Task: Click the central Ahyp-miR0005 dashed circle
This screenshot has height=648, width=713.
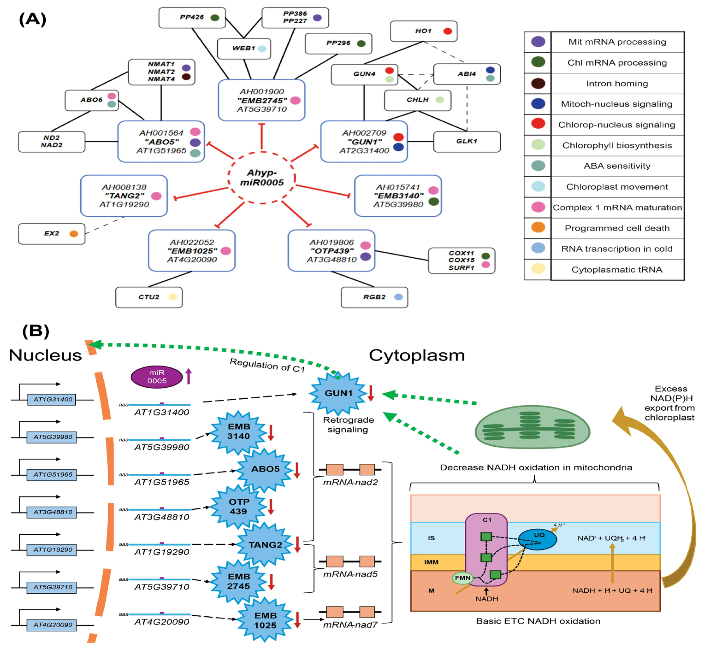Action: click(262, 178)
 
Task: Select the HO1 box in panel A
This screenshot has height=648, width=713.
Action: click(423, 31)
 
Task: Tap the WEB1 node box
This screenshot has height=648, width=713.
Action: click(244, 48)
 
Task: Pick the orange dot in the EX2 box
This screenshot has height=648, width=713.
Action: click(74, 234)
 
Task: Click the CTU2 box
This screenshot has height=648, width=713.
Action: click(149, 297)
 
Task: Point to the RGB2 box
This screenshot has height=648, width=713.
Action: click(374, 297)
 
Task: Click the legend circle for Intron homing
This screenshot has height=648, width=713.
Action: click(538, 83)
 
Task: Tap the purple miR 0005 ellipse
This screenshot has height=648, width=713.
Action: click(157, 377)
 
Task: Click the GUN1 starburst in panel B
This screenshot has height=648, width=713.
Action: click(339, 393)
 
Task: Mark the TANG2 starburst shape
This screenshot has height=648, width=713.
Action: click(265, 545)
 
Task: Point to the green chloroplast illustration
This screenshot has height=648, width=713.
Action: click(532, 427)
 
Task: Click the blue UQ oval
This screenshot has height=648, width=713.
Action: click(537, 539)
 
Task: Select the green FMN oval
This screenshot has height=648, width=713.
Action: click(463, 578)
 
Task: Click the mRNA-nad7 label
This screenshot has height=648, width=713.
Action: click(350, 625)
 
